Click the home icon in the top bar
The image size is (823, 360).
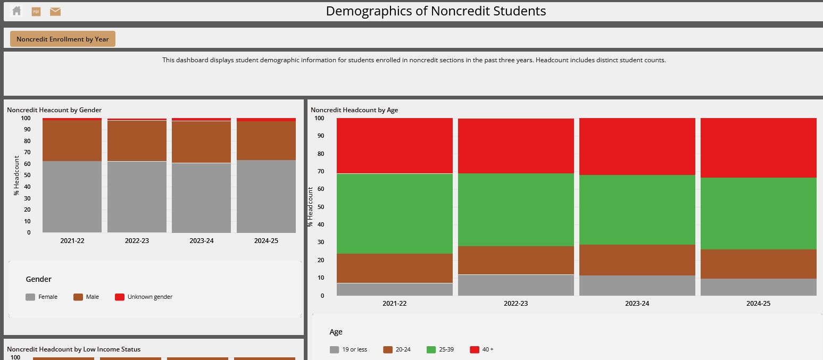click(16, 11)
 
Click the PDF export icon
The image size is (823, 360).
click(36, 11)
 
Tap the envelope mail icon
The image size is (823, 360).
click(55, 11)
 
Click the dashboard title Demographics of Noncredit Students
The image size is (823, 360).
click(436, 11)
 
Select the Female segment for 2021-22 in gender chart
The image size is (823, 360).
click(72, 196)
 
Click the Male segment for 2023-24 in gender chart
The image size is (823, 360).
click(201, 141)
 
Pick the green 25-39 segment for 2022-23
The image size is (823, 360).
click(516, 210)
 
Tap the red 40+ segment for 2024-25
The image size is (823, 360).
click(758, 147)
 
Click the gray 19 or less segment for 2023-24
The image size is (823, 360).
click(637, 286)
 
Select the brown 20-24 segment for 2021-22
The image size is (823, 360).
click(395, 268)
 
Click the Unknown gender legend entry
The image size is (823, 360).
click(144, 297)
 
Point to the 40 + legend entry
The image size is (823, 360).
click(481, 349)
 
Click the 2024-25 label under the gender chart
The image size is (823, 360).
click(266, 241)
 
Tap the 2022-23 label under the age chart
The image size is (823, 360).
click(516, 304)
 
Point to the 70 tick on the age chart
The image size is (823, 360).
click(320, 171)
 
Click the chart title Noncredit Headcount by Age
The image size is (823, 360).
click(354, 110)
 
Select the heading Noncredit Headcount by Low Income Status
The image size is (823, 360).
click(73, 349)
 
